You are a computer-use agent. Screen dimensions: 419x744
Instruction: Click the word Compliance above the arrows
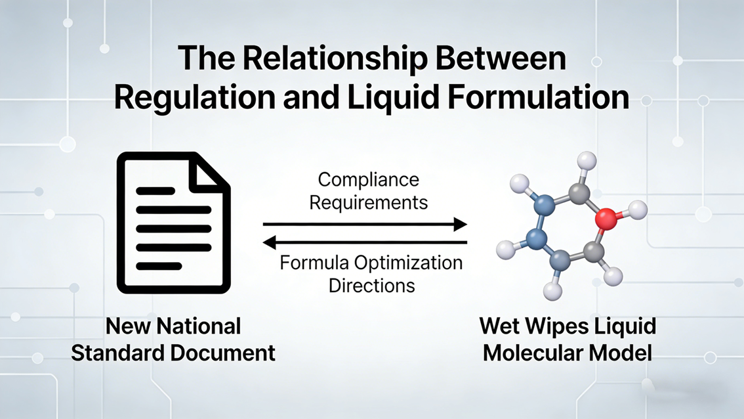pyautogui.click(x=368, y=179)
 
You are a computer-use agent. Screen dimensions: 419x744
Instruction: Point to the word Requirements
pyautogui.click(x=368, y=202)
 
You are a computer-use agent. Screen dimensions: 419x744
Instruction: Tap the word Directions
pyautogui.click(x=371, y=286)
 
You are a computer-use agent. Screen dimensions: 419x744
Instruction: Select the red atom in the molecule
pyautogui.click(x=608, y=219)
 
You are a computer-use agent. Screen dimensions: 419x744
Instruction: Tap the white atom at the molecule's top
pyautogui.click(x=587, y=160)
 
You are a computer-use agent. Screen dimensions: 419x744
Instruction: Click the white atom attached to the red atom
pyautogui.click(x=637, y=210)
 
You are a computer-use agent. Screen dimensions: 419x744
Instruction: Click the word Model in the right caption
pyautogui.click(x=619, y=353)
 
